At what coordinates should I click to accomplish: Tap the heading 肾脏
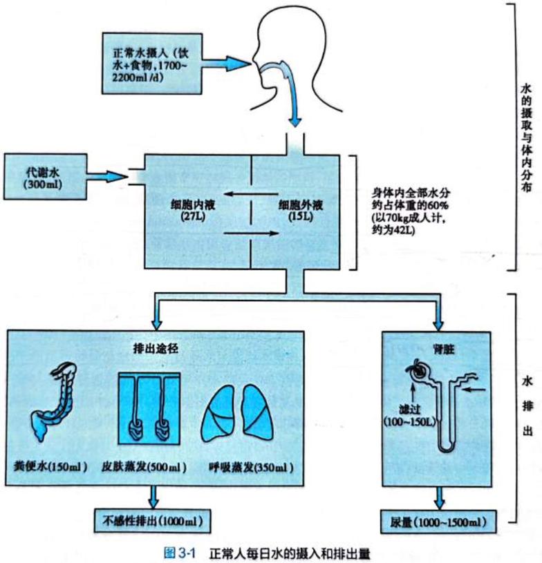pyautogui.click(x=436, y=347)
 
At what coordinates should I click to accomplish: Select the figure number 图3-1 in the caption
pyautogui.click(x=180, y=551)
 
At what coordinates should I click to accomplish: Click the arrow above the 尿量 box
pyautogui.click(x=438, y=496)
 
